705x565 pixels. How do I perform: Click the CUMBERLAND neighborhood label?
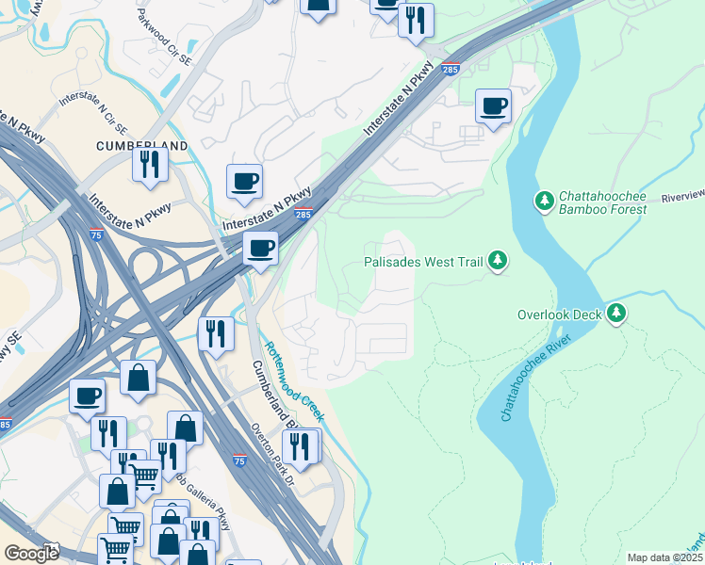point(141,146)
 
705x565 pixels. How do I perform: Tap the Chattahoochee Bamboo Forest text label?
point(602,202)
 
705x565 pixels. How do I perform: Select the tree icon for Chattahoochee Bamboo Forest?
point(543,201)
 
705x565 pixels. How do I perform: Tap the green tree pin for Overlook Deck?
point(616,313)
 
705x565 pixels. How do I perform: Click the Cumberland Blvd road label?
point(268,395)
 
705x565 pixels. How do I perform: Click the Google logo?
point(31,553)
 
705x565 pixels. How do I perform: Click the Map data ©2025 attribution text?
point(664,557)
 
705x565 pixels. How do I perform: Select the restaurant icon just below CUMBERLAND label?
point(150,164)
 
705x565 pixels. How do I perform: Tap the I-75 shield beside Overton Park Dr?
point(239,460)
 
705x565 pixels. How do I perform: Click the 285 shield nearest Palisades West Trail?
point(303,216)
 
